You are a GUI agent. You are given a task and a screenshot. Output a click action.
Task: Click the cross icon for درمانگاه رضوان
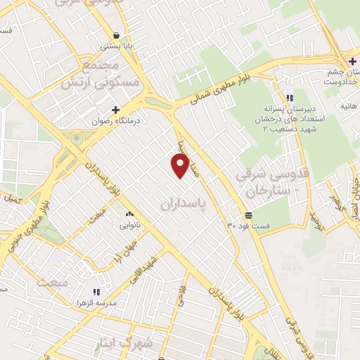116,110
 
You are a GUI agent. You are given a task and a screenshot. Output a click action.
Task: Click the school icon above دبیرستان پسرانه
290,98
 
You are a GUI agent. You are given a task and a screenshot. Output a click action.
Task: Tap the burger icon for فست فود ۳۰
247,214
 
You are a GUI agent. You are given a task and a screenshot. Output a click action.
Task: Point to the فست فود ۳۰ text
247,226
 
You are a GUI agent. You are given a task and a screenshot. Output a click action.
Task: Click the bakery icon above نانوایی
129,214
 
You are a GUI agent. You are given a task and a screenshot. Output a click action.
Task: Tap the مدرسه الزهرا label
96,302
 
